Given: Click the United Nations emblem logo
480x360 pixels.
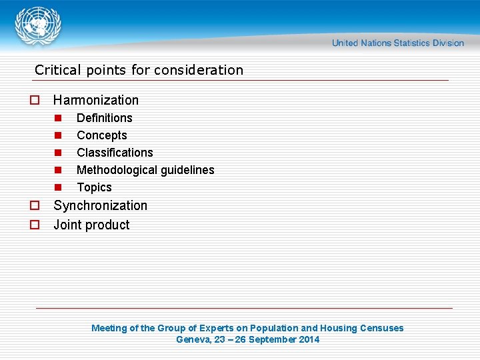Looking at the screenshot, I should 38,25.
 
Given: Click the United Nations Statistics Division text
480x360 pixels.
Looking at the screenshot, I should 397,43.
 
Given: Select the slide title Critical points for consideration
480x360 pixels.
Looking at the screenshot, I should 139,70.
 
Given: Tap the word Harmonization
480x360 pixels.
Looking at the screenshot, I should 96,101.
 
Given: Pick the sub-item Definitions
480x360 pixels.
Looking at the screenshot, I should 105,118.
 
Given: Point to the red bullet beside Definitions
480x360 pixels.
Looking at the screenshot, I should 58,118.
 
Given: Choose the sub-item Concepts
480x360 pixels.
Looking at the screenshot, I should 102,135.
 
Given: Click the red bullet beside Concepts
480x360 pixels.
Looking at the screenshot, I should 58,135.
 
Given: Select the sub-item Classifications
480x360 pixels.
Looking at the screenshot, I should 115,153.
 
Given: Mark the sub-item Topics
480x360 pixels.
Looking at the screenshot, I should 94,187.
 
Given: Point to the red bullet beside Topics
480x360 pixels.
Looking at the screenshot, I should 58,187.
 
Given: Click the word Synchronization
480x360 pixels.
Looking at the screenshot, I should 100,205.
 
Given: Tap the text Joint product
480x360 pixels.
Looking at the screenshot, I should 91,225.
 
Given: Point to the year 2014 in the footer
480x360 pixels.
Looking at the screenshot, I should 309,340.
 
